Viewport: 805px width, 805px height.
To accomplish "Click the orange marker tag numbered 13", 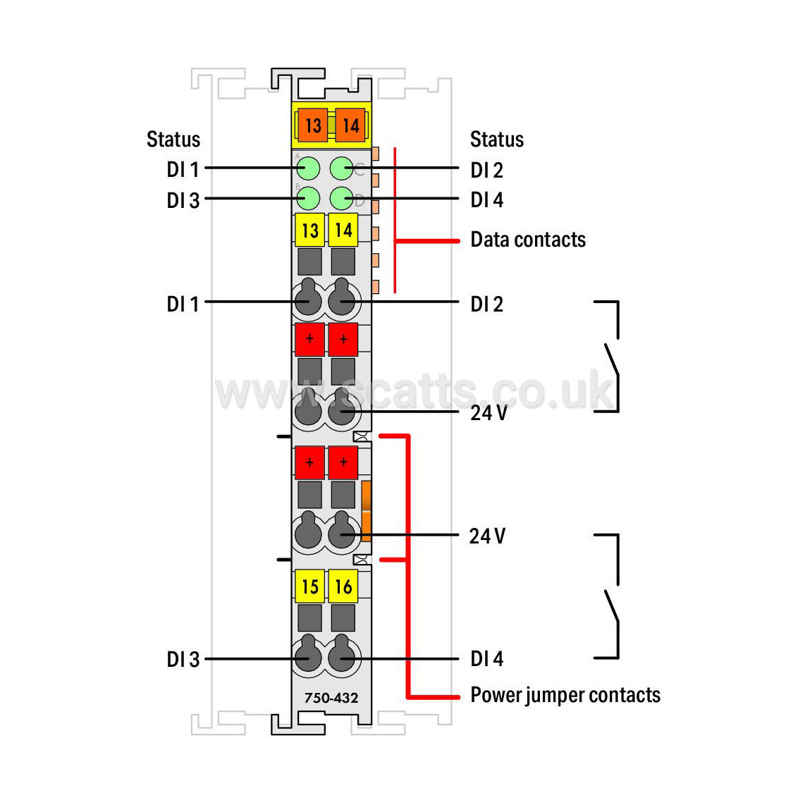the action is (x=313, y=125).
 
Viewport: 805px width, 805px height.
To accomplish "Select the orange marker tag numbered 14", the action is (x=350, y=125).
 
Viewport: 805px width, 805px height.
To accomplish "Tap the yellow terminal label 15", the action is (x=309, y=586).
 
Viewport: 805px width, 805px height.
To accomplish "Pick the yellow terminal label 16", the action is (x=343, y=586).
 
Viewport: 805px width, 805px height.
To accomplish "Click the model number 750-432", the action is (x=331, y=698).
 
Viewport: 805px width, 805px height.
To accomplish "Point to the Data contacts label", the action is (x=528, y=240).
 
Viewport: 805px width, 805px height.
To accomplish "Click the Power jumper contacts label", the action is (x=565, y=695).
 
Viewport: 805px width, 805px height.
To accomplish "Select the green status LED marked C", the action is (x=341, y=168).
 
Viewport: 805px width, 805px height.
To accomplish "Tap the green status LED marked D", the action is (x=341, y=198).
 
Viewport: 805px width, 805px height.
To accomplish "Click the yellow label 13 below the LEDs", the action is (x=309, y=230).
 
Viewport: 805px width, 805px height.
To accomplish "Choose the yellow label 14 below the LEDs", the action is (x=343, y=230).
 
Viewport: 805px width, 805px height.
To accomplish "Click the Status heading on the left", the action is (x=173, y=139).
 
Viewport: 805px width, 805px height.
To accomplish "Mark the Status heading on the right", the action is (x=497, y=139).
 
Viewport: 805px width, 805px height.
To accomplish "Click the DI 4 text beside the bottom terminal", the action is (x=486, y=658).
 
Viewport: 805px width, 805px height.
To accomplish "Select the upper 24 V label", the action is (x=488, y=413).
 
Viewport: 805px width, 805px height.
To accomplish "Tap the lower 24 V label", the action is (x=487, y=536).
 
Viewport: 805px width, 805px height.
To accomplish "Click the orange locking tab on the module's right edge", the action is (x=366, y=511).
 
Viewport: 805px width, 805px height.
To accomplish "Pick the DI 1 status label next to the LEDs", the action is (x=183, y=169).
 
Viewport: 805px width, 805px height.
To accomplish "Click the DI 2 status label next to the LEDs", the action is (x=486, y=171).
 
